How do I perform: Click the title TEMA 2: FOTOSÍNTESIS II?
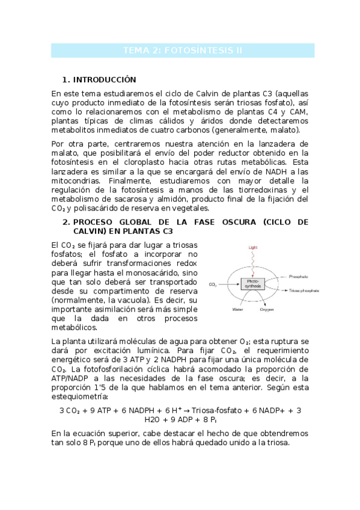coord(182,51)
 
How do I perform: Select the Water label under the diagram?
coord(237,310)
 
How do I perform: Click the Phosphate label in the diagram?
coord(299,276)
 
